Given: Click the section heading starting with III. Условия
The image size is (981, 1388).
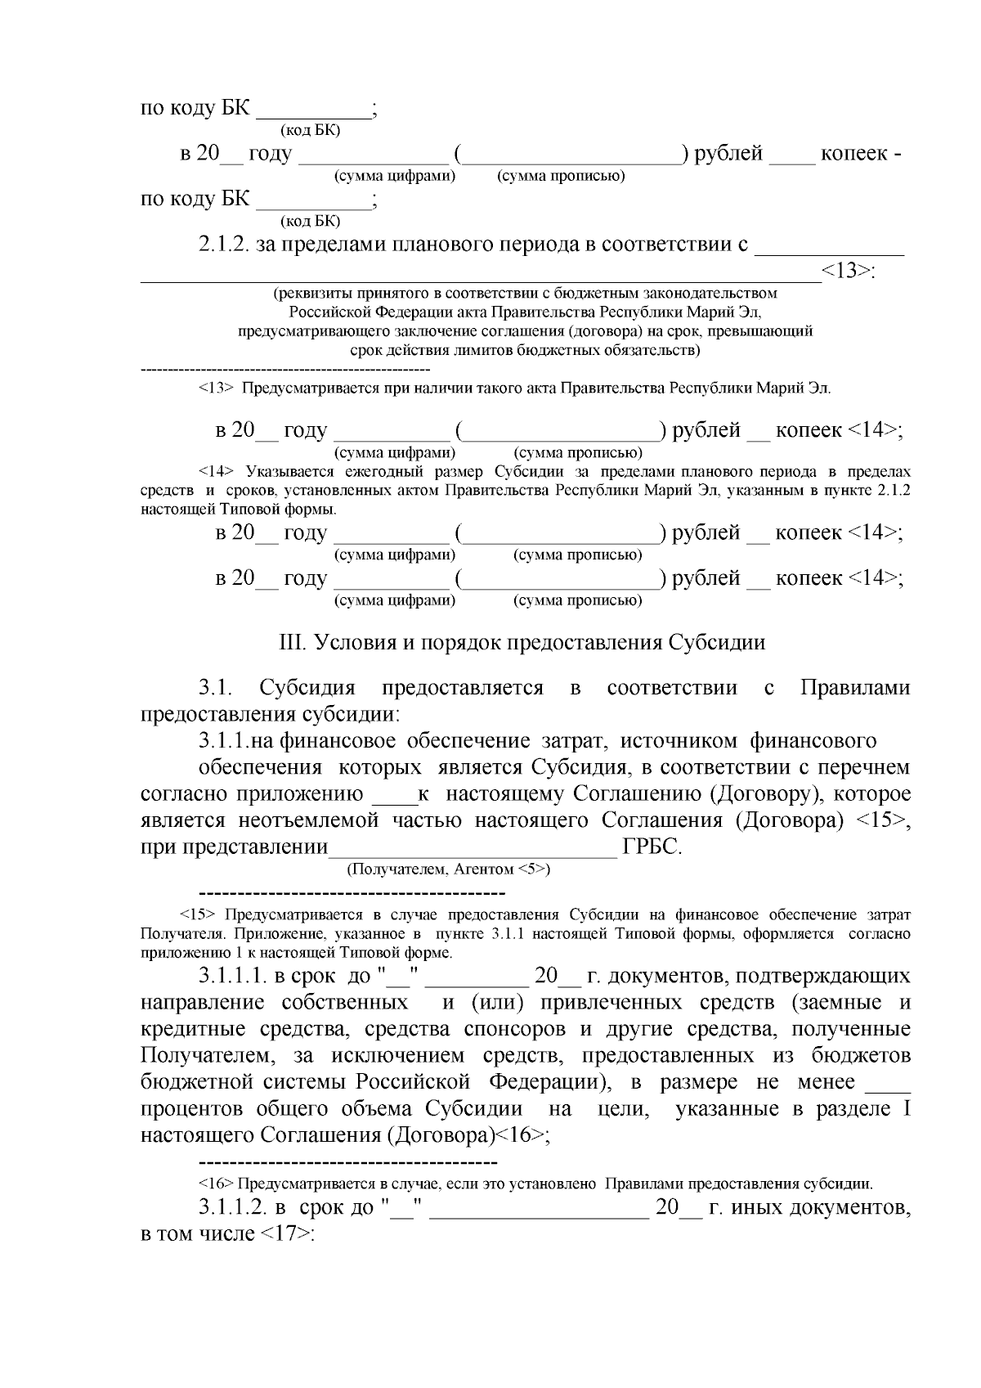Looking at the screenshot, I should click(523, 642).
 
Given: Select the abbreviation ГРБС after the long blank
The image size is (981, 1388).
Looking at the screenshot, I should click(652, 847).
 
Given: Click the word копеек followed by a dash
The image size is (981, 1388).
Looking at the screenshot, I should click(854, 153).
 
